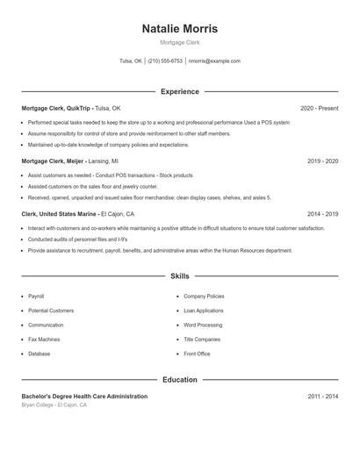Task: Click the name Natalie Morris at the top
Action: pyautogui.click(x=179, y=29)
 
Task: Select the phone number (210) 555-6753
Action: pyautogui.click(x=165, y=61)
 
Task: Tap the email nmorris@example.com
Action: pyautogui.click(x=214, y=61)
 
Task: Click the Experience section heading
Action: pyautogui.click(x=179, y=91)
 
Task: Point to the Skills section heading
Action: pyautogui.click(x=179, y=275)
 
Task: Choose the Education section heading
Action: pyautogui.click(x=179, y=380)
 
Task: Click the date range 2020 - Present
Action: pyautogui.click(x=319, y=108)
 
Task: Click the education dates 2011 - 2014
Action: pyautogui.click(x=322, y=397)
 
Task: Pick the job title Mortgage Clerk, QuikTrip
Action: pyautogui.click(x=56, y=108)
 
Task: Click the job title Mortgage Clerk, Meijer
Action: pyautogui.click(x=52, y=161)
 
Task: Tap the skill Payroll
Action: pyautogui.click(x=36, y=297)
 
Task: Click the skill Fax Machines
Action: pyautogui.click(x=44, y=340)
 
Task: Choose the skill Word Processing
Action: pyautogui.click(x=203, y=325)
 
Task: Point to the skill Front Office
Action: pyautogui.click(x=197, y=354)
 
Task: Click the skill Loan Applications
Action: pyautogui.click(x=204, y=311)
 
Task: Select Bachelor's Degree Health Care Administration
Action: pyautogui.click(x=84, y=397)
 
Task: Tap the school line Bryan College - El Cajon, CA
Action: pyautogui.click(x=54, y=405)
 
